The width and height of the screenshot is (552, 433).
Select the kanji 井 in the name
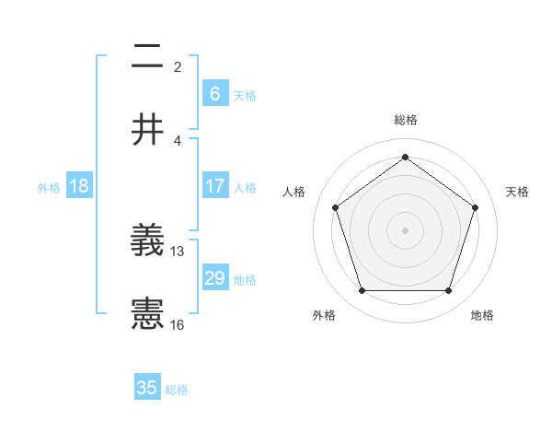tap(147, 130)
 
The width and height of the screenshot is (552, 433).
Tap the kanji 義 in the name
tap(147, 241)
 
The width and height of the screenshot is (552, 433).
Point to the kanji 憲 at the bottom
tap(147, 315)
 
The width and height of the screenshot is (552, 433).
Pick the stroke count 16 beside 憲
tap(178, 324)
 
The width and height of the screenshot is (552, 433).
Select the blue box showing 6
tap(214, 93)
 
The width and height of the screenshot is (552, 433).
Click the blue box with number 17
tap(214, 186)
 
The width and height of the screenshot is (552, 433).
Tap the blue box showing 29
tap(214, 278)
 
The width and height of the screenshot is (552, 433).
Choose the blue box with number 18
tap(79, 186)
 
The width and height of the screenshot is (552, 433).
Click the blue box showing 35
tap(147, 388)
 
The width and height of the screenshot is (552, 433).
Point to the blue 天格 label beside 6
tap(245, 95)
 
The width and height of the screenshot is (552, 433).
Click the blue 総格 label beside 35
tap(177, 390)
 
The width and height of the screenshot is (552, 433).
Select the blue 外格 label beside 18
tap(49, 188)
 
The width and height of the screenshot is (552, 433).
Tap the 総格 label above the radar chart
tap(405, 120)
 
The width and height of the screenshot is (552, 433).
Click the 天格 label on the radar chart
tap(517, 192)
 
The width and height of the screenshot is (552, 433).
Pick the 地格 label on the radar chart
tap(482, 315)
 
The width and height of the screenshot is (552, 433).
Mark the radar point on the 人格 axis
tap(335, 207)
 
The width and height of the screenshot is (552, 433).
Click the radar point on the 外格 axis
tap(362, 290)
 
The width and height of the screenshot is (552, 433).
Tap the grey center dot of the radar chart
tap(405, 229)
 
